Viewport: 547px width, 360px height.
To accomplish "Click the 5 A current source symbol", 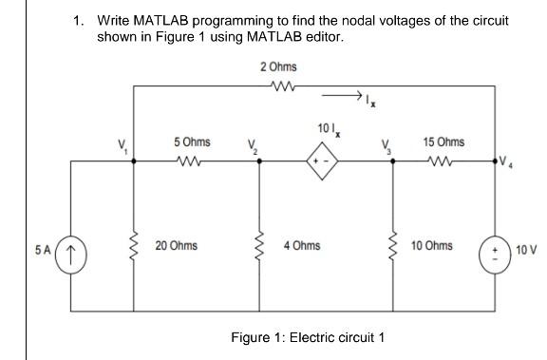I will (x=71, y=255).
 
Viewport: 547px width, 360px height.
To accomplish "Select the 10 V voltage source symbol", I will (x=494, y=255).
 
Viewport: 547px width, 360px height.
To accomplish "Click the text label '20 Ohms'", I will (x=177, y=245).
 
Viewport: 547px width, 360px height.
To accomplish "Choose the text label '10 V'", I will (x=526, y=251).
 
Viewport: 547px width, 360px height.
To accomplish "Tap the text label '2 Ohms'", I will (x=278, y=66).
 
